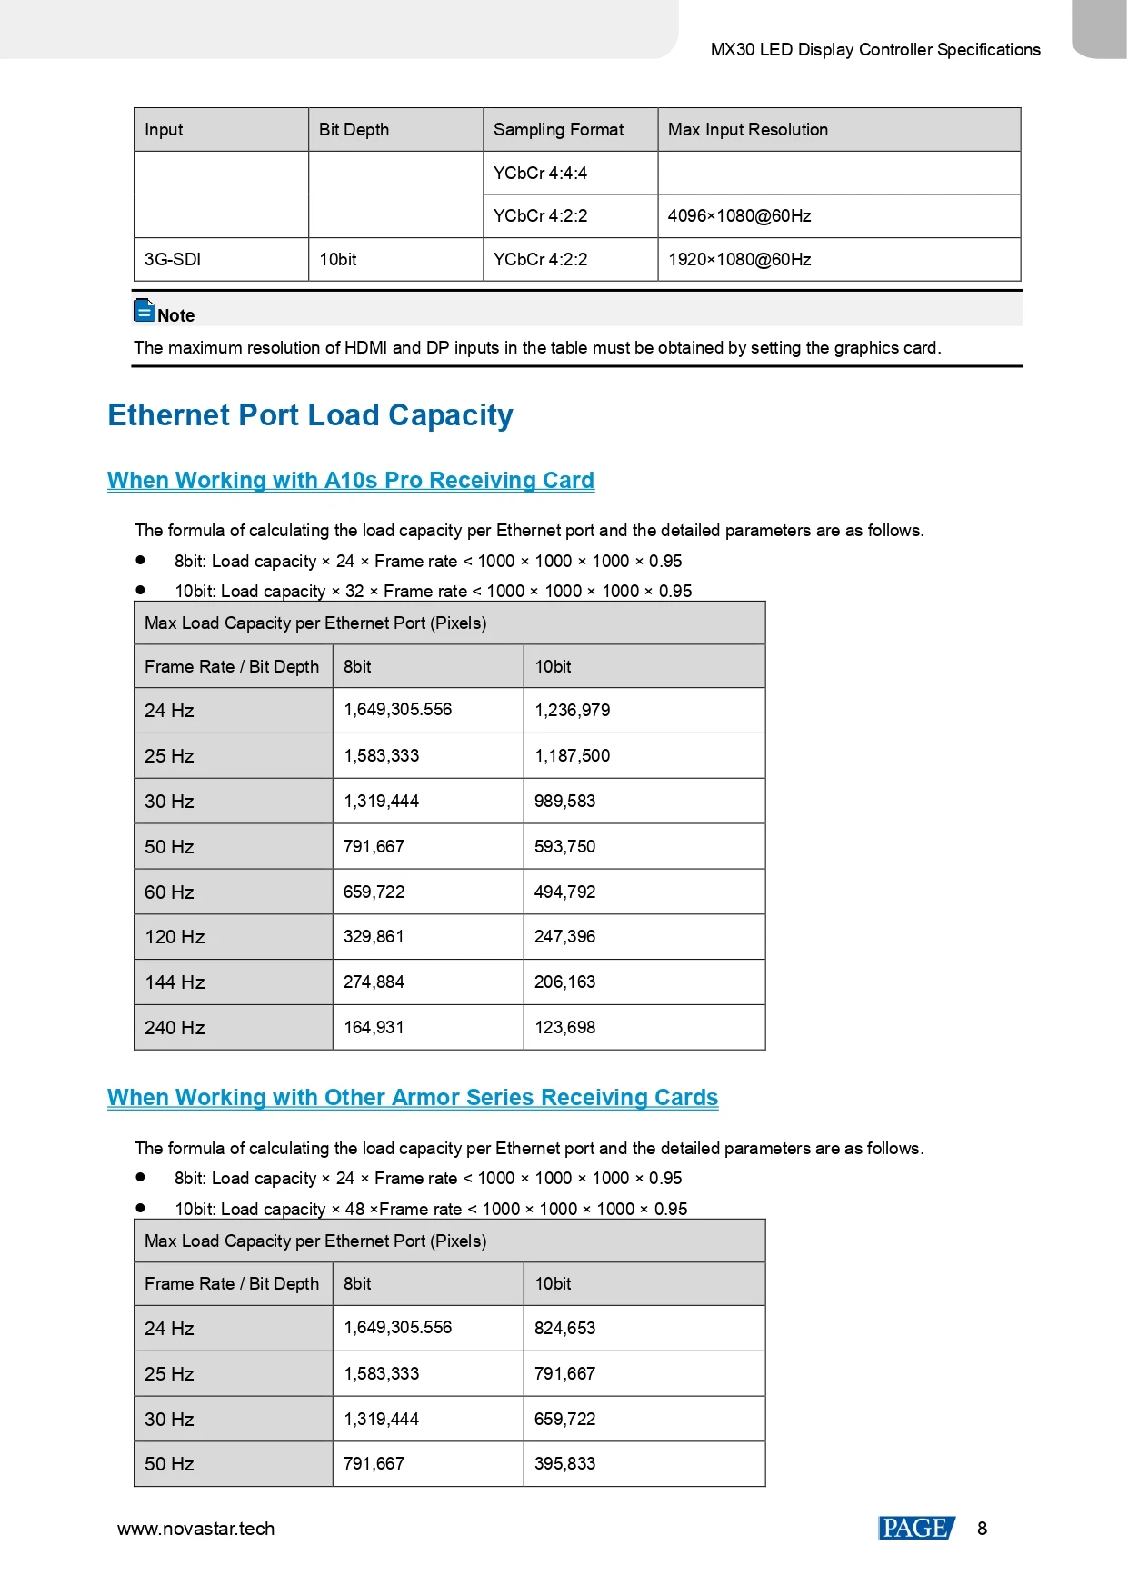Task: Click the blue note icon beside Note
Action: pos(145,311)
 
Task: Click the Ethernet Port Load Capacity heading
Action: pos(310,415)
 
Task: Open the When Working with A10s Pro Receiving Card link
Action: pos(350,481)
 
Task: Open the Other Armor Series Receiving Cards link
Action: pos(412,1098)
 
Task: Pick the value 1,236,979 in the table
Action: pos(572,711)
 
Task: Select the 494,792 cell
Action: pos(564,892)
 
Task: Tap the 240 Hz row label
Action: pos(175,1028)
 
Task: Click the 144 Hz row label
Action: pos(175,982)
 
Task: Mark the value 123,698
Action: pos(564,1028)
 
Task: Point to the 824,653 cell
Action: pos(564,1329)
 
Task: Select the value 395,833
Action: pos(564,1464)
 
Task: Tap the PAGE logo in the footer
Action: pos(916,1529)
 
